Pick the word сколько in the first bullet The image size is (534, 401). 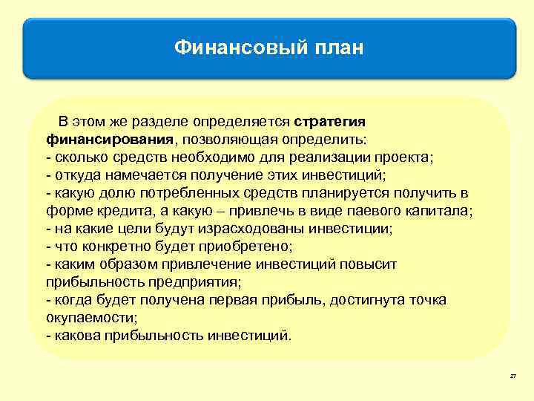click(x=77, y=157)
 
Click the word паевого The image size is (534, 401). click(x=375, y=210)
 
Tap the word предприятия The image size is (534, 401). click(x=200, y=281)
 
